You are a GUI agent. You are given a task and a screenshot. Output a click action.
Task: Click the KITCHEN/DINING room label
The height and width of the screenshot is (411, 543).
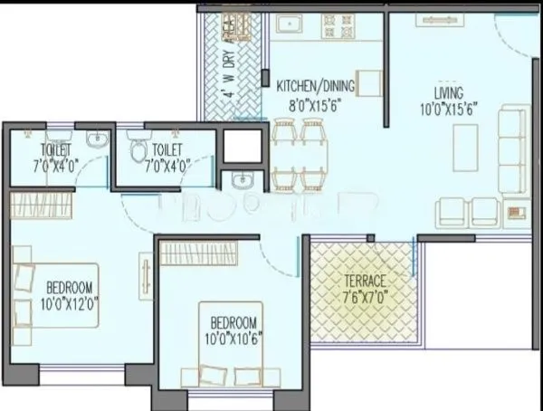(316, 85)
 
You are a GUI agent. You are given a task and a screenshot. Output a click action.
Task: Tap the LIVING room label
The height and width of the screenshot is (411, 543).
(448, 93)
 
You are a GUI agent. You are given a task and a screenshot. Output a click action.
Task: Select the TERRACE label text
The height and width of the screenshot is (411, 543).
(365, 281)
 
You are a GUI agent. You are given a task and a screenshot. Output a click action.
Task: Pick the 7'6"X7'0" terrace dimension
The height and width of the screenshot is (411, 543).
(365, 296)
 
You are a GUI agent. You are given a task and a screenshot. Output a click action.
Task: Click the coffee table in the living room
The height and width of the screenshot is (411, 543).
(466, 143)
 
